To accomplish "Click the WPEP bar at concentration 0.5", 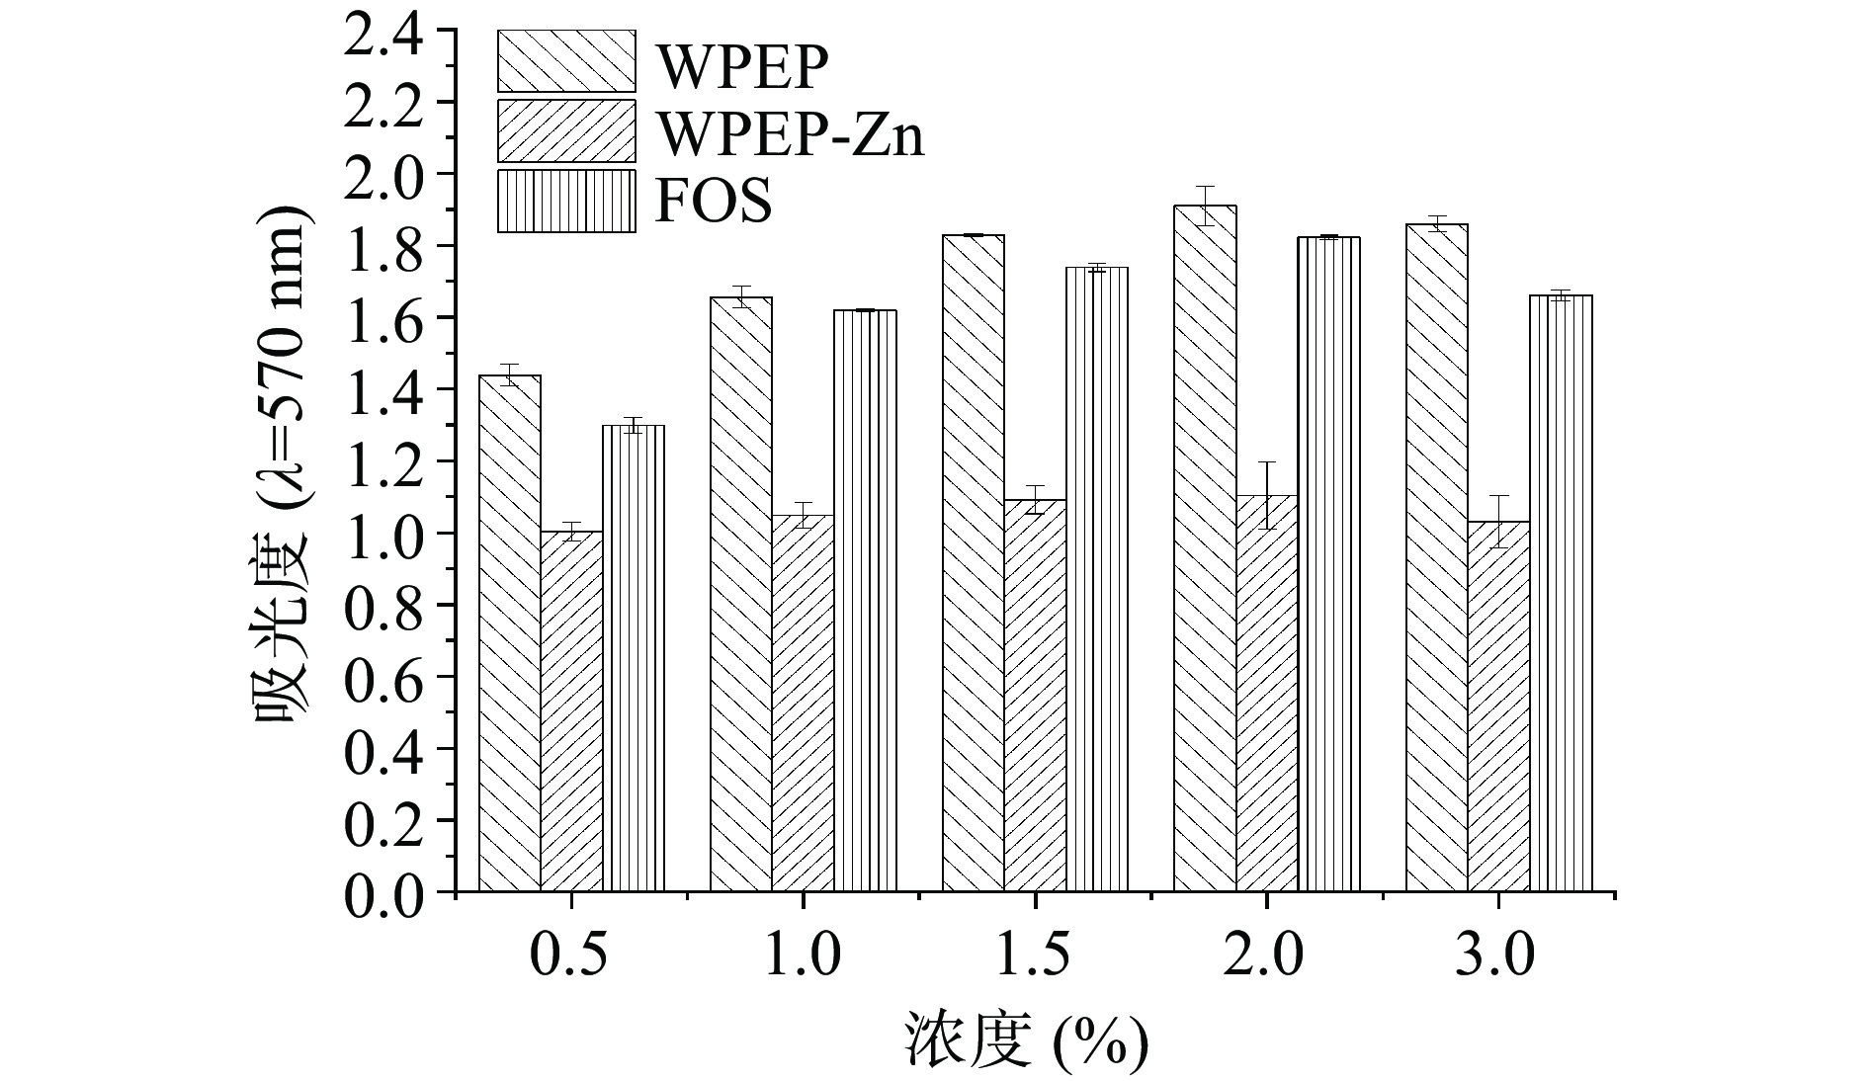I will [510, 632].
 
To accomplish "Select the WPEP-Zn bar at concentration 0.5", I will [571, 711].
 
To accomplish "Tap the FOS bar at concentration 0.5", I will [633, 658].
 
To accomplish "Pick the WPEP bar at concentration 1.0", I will [741, 593].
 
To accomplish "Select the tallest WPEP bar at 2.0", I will [1205, 548].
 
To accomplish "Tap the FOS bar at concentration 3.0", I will [1561, 593].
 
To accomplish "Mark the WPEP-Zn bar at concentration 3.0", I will [1498, 707].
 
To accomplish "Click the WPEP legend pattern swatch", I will [566, 61].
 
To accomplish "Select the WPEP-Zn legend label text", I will [791, 134].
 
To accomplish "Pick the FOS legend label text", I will [713, 203].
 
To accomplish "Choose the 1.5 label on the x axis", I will [1034, 956].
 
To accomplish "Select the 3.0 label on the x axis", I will [1497, 956].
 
